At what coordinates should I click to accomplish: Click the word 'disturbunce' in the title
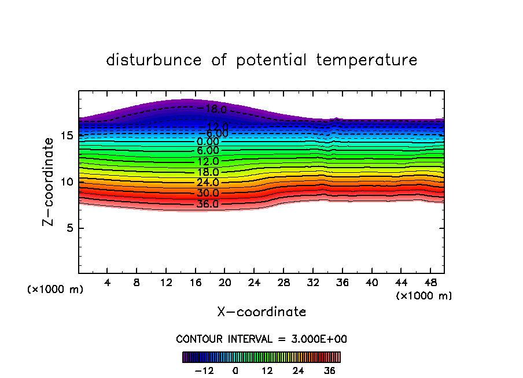click(154, 60)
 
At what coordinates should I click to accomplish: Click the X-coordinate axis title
click(261, 312)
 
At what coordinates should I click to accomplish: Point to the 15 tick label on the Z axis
click(67, 136)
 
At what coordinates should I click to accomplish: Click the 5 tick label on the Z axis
click(69, 228)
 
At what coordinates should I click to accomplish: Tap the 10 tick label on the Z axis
click(67, 181)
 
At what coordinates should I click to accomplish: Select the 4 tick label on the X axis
click(108, 283)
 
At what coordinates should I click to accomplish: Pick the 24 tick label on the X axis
click(254, 283)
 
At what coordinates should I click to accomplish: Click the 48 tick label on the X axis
click(430, 283)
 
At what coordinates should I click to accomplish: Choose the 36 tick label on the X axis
click(342, 283)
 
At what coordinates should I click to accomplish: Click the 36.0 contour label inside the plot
click(208, 204)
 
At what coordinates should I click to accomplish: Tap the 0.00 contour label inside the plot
click(208, 142)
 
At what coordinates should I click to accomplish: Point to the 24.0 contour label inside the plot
click(208, 183)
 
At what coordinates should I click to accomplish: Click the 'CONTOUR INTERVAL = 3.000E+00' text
click(261, 339)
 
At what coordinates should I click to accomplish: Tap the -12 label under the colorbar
click(204, 370)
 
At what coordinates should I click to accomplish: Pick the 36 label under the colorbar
click(329, 370)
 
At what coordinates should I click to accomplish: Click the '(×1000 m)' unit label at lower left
click(56, 290)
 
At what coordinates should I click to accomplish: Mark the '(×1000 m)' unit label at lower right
click(423, 296)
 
